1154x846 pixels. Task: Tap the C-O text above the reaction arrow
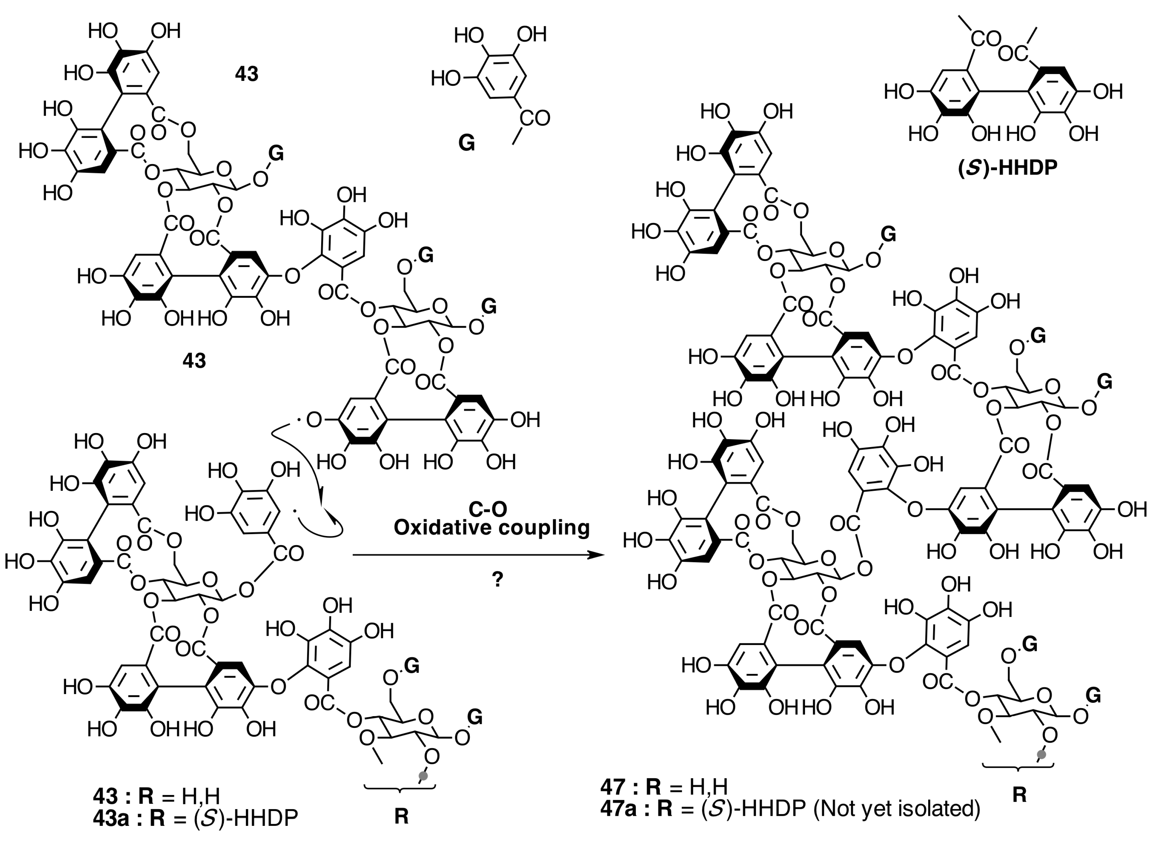tap(488, 509)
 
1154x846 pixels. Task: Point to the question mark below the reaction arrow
tap(497, 580)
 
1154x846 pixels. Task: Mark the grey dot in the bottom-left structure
tap(423, 776)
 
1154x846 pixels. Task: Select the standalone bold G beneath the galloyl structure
tap(466, 143)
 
